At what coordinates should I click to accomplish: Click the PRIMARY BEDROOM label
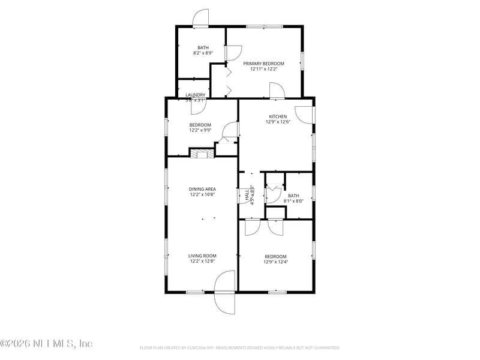click(263, 63)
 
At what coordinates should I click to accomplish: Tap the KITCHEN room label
click(278, 116)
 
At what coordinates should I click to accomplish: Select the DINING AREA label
click(202, 189)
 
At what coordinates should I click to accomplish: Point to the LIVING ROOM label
click(202, 256)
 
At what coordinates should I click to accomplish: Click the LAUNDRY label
click(196, 95)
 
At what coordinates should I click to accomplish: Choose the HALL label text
click(247, 195)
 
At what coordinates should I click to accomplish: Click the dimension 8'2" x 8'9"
click(203, 53)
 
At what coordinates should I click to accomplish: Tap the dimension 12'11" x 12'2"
click(263, 69)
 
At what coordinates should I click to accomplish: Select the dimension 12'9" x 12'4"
click(276, 262)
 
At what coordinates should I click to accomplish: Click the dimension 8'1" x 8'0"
click(293, 201)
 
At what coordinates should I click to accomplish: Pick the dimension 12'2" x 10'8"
click(202, 194)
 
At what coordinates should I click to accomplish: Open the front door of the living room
click(225, 292)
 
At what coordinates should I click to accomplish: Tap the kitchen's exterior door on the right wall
click(305, 115)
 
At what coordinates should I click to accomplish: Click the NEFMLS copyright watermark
click(46, 344)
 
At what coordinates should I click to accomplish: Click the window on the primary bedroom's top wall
click(265, 26)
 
